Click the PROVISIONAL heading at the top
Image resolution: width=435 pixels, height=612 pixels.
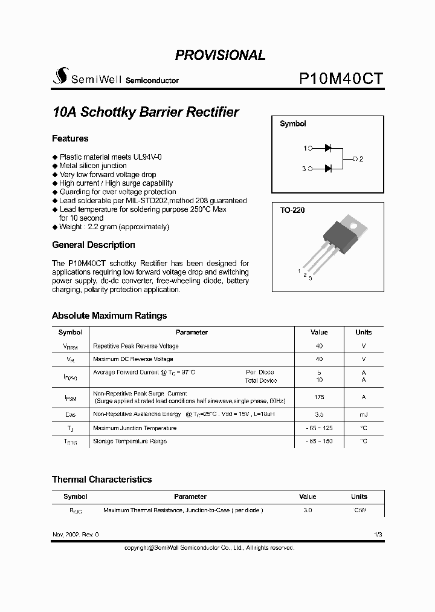click(220, 55)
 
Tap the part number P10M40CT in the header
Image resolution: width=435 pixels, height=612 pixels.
click(341, 79)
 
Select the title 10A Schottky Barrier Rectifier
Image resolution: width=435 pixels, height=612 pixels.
click(146, 112)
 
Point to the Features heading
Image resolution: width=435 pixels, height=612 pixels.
click(70, 138)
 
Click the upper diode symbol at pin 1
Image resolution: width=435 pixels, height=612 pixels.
click(328, 148)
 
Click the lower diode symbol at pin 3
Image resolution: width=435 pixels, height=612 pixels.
click(328, 169)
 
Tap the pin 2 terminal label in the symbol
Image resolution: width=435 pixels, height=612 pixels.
click(361, 159)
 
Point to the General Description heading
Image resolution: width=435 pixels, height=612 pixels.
click(93, 245)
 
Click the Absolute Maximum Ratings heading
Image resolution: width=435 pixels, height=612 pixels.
click(109, 316)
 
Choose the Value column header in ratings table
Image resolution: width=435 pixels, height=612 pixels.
click(319, 332)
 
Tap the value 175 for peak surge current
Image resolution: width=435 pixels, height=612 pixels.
click(319, 397)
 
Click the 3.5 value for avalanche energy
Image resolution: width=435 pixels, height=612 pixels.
click(319, 415)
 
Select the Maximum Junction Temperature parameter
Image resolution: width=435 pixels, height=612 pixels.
click(135, 428)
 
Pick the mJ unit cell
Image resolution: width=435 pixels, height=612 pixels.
click(363, 415)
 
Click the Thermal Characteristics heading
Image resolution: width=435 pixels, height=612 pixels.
click(101, 480)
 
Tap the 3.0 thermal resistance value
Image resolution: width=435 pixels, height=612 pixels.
click(308, 510)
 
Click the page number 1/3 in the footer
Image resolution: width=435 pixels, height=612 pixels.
click(378, 535)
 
